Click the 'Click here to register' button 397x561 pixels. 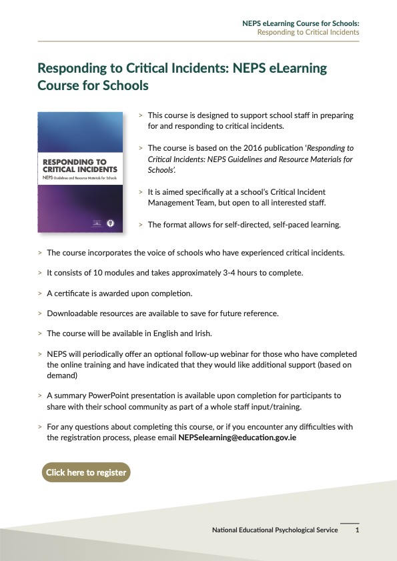[x=86, y=472]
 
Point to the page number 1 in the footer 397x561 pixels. [x=358, y=530]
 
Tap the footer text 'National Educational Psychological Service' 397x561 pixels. [x=275, y=530]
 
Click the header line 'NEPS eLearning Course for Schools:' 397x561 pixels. [x=300, y=23]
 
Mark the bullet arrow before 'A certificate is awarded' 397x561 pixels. [x=40, y=294]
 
